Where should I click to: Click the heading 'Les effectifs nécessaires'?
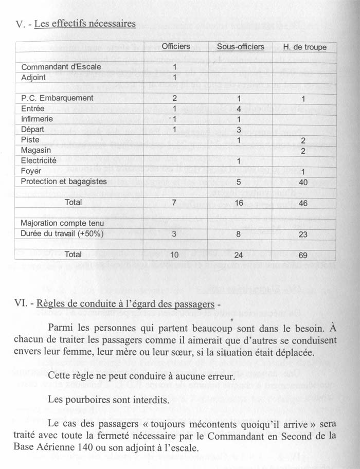pyautogui.click(x=85, y=24)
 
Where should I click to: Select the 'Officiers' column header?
pyautogui.click(x=175, y=47)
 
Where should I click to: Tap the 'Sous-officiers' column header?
pyautogui.click(x=240, y=47)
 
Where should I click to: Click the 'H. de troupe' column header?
pyautogui.click(x=304, y=47)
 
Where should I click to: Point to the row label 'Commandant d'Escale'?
pyautogui.click(x=61, y=67)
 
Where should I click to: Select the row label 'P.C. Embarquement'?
pyautogui.click(x=57, y=98)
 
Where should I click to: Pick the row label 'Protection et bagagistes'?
pyautogui.click(x=64, y=181)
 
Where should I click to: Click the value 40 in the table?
pyautogui.click(x=303, y=182)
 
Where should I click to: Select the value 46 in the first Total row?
pyautogui.click(x=303, y=203)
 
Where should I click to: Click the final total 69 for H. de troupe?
pyautogui.click(x=303, y=255)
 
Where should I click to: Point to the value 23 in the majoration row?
pyautogui.click(x=303, y=234)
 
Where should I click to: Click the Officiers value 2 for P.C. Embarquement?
pyautogui.click(x=175, y=98)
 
